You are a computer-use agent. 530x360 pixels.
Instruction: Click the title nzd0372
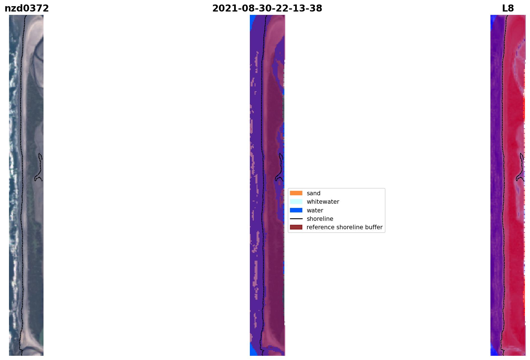[x=27, y=8]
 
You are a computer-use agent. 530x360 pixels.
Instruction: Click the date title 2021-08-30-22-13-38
[x=267, y=8]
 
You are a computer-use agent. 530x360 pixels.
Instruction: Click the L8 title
[x=508, y=8]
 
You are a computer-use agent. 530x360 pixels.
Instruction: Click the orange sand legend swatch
[x=296, y=193]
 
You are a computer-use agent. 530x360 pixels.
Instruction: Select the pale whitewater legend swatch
[x=296, y=201]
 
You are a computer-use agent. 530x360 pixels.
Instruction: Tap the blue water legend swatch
[x=296, y=210]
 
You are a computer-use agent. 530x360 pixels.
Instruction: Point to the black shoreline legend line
[x=296, y=219]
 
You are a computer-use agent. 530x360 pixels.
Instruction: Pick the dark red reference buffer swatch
[x=296, y=227]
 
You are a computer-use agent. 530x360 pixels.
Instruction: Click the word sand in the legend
[x=314, y=193]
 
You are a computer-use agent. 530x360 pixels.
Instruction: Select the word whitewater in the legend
[x=323, y=202]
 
